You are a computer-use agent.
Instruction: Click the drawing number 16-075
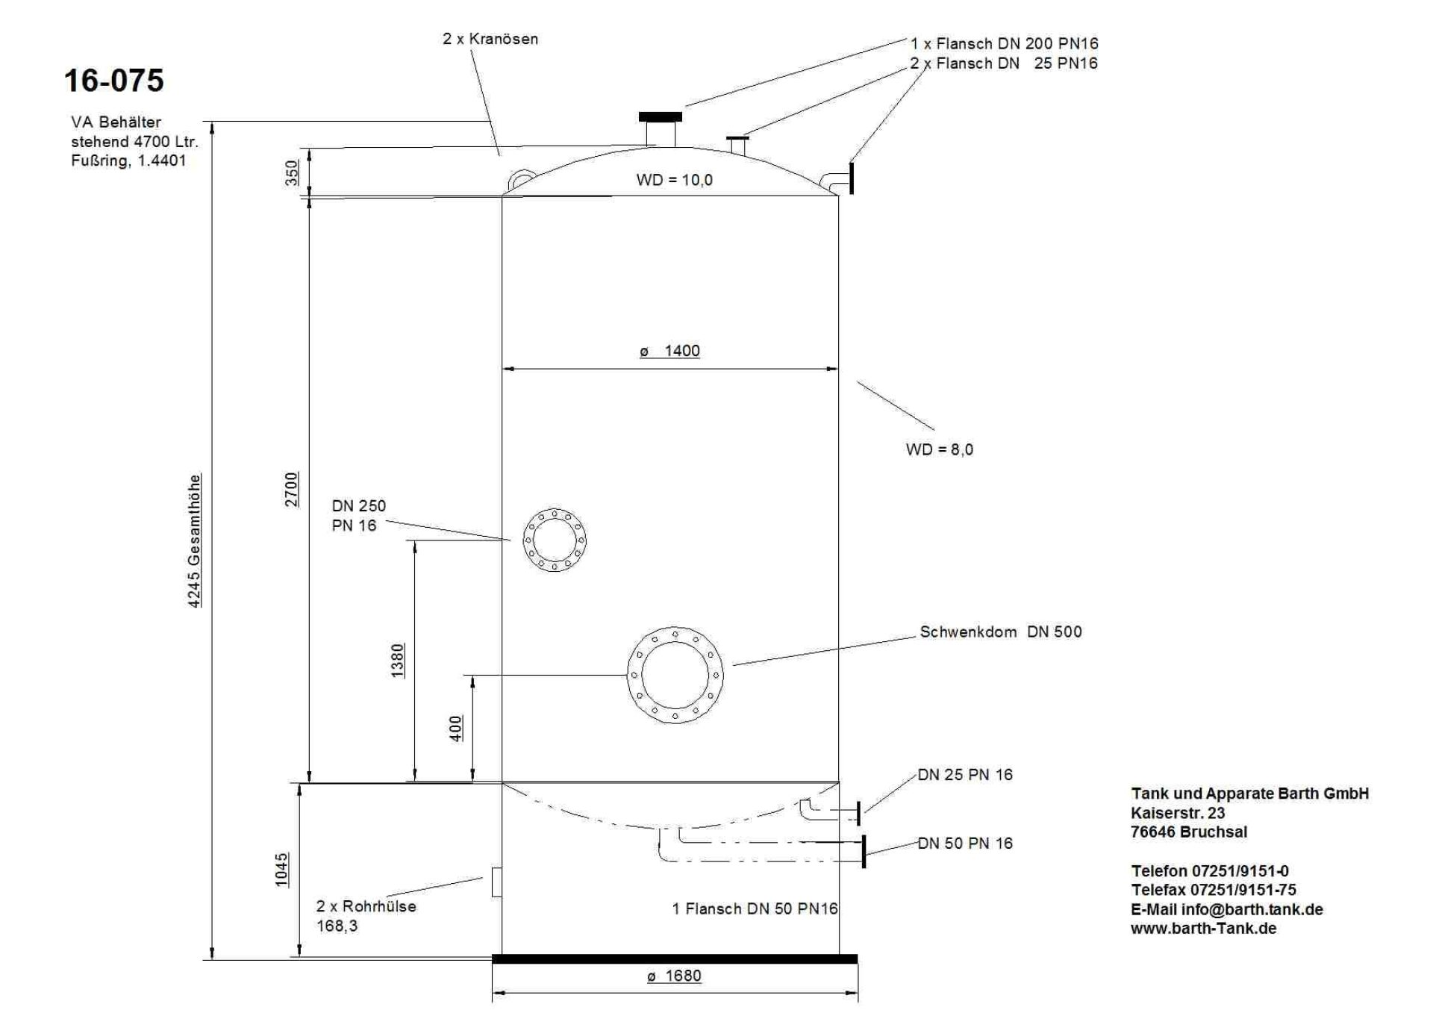point(113,81)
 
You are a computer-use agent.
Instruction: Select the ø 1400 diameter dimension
point(670,351)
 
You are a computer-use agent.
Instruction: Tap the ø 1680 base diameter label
point(674,976)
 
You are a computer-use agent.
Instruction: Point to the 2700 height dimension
point(291,489)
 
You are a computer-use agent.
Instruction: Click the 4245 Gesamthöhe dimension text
point(194,540)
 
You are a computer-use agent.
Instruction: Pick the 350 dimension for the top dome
point(292,172)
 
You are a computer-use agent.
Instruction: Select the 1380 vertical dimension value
point(398,660)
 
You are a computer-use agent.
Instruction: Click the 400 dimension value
point(456,728)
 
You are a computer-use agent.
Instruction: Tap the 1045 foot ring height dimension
point(281,870)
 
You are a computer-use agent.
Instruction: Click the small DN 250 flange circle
point(555,540)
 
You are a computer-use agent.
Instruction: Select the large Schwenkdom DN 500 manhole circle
point(675,675)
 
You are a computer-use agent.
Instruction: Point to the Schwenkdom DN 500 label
point(1000,632)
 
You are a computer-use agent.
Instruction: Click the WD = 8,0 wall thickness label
point(939,449)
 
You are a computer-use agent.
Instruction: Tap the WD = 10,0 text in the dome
point(674,180)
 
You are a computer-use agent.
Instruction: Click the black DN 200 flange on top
point(661,116)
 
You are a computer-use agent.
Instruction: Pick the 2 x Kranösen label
point(490,39)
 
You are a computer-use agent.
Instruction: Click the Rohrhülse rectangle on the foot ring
point(496,882)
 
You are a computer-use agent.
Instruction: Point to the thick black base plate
point(675,959)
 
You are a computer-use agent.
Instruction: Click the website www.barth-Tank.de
point(1203,929)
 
